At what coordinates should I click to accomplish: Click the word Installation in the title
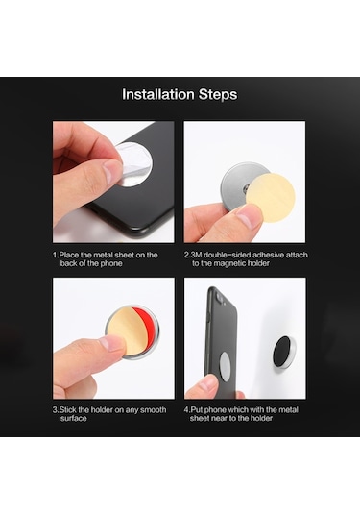pos(158,94)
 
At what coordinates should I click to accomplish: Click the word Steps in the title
pos(218,95)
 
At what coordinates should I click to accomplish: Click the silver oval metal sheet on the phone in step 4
pos(225,366)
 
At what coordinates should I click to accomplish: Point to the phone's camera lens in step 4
pos(220,298)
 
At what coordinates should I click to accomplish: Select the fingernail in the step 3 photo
pos(110,343)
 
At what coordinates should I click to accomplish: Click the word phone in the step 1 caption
pos(111,263)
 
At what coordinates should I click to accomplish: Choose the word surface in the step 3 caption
pos(74,419)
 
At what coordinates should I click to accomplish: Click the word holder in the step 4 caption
pos(261,418)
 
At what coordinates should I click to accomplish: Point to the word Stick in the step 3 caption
pos(68,410)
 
